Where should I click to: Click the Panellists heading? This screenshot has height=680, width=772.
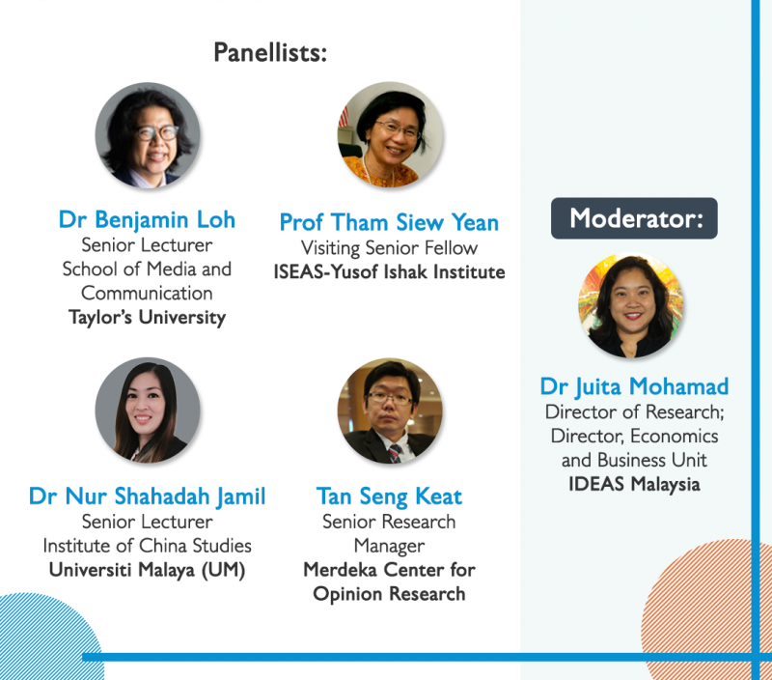click(x=270, y=52)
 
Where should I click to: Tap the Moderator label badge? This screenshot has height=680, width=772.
click(x=634, y=218)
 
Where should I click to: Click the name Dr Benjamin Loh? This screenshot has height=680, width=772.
click(x=147, y=220)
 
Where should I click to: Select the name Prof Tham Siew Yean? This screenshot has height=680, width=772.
click(x=389, y=222)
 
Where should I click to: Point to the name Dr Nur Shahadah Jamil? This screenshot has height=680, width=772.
click(x=148, y=496)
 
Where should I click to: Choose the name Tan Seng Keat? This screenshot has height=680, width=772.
click(x=389, y=496)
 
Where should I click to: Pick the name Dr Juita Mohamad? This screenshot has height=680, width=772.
click(x=634, y=386)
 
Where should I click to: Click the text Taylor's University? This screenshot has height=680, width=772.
click(x=147, y=318)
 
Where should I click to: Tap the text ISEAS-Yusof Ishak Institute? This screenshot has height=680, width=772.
click(x=389, y=272)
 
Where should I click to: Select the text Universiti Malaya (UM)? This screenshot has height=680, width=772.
click(x=147, y=570)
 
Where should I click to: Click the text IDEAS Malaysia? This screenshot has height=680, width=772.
click(x=634, y=484)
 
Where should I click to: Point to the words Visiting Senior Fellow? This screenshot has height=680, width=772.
click(x=389, y=248)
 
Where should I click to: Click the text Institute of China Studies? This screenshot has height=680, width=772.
click(x=147, y=546)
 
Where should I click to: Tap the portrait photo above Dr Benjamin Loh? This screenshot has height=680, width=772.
click(x=148, y=135)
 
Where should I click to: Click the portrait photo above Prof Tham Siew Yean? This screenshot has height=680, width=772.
click(x=390, y=134)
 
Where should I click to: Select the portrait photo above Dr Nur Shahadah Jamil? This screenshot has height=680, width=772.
click(x=148, y=410)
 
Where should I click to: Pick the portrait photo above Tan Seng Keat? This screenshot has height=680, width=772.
click(x=390, y=411)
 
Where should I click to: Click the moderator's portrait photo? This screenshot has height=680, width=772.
click(x=631, y=305)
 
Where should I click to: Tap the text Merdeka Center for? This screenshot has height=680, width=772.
click(x=389, y=570)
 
